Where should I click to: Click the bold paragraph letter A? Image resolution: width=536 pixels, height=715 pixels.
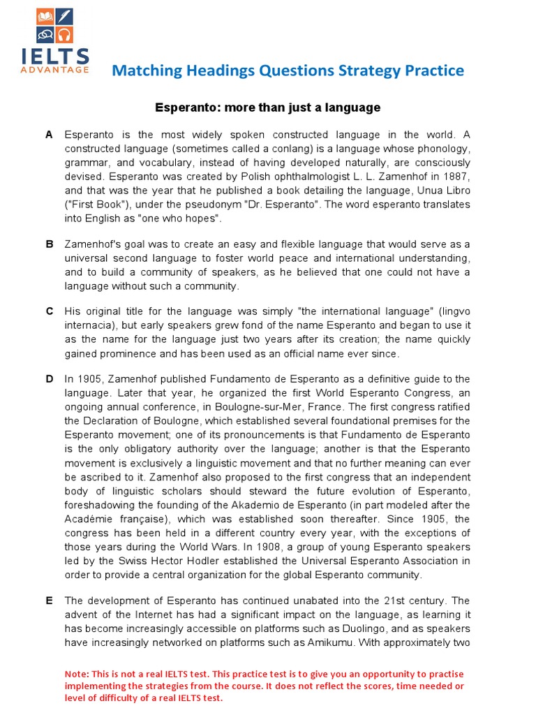50,135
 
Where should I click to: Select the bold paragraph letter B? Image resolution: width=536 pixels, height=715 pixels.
50,244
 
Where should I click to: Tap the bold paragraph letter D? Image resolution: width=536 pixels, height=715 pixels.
50,378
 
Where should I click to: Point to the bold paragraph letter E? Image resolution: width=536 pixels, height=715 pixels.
50,600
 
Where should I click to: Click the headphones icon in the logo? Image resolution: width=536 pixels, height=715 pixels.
65,34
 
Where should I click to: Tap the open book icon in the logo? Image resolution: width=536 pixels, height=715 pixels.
45,15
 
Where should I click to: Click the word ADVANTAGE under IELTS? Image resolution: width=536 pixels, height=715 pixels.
55,69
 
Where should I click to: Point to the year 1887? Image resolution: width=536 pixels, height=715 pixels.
456,177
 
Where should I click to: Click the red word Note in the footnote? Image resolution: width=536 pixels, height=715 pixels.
77,674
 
